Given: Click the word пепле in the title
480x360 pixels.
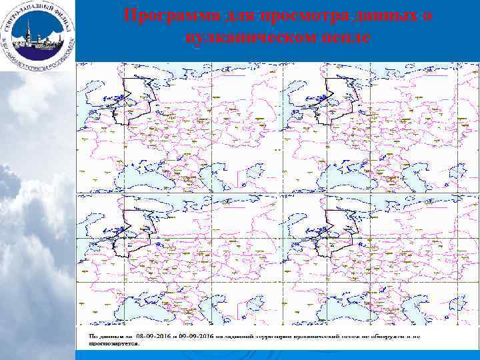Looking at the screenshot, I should [347, 37].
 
